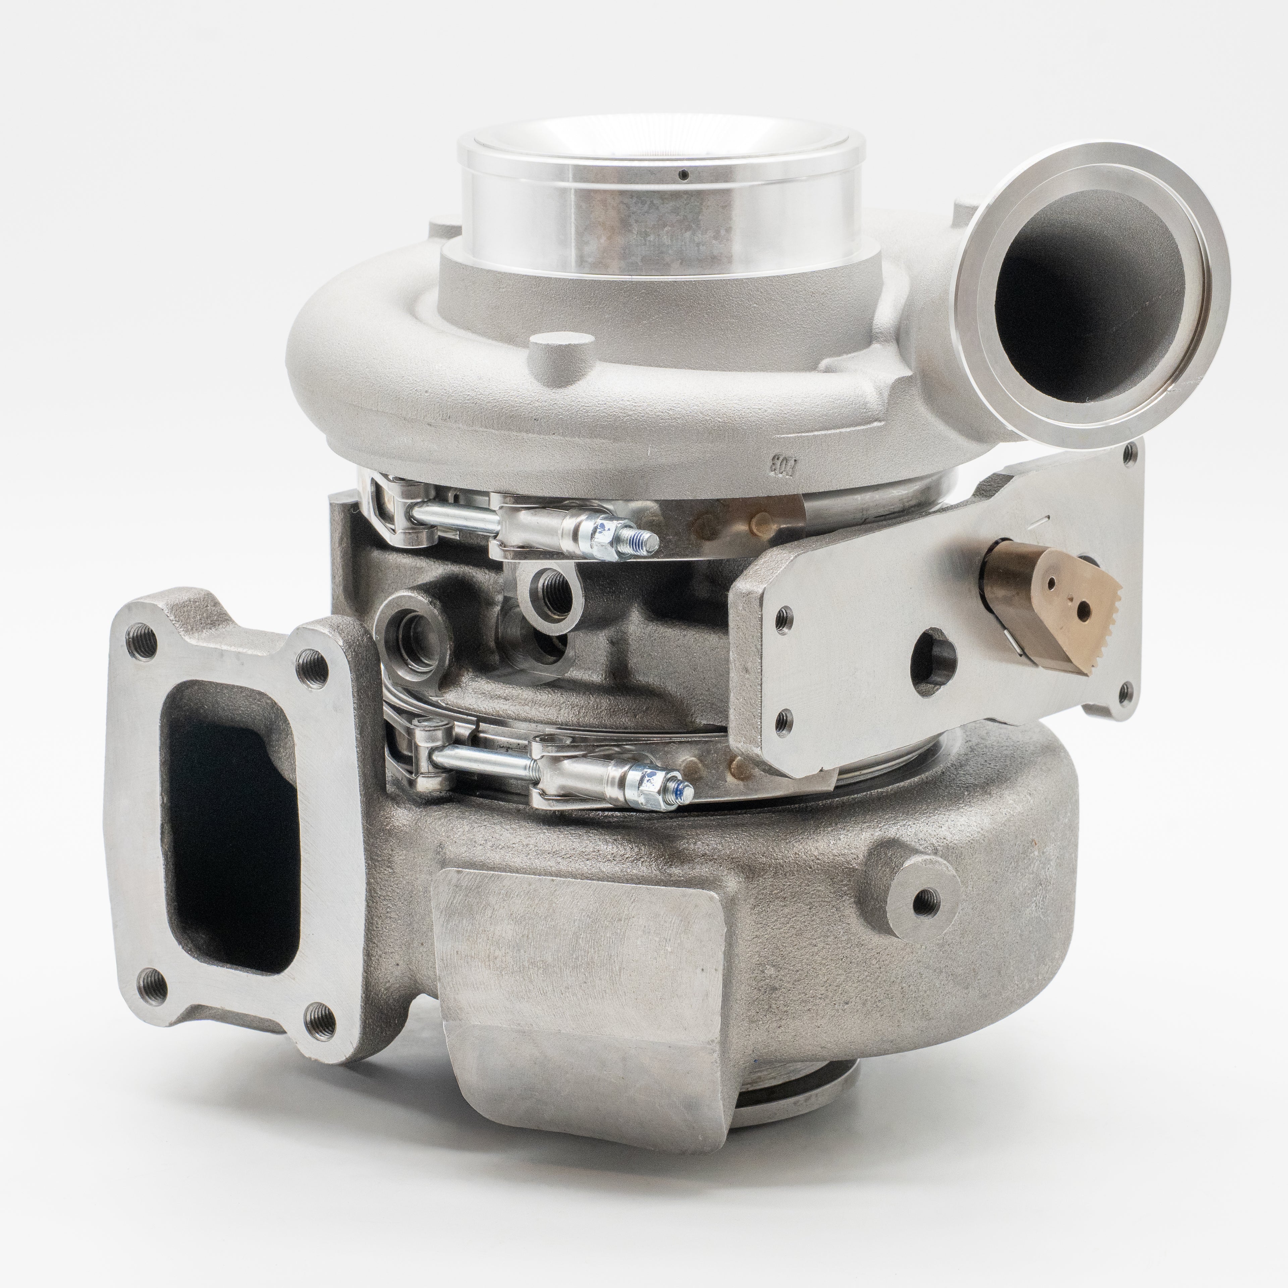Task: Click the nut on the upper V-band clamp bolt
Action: [x=603, y=536]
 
